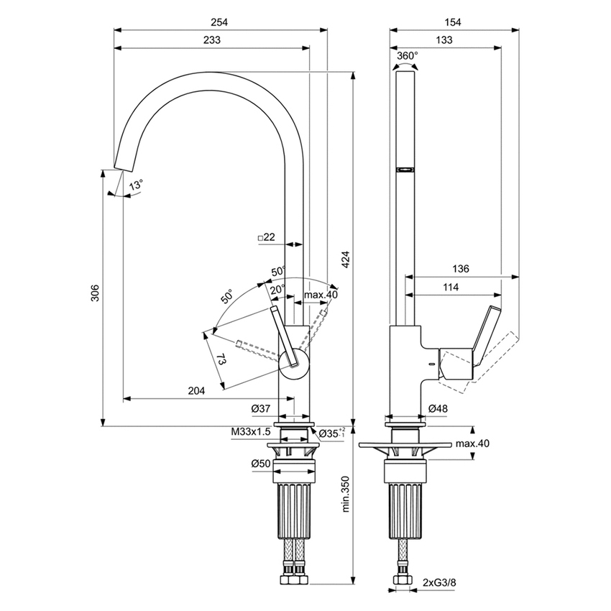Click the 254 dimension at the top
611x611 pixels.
219,22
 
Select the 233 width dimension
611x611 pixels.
211,41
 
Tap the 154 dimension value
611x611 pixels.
453,22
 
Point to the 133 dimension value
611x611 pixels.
444,41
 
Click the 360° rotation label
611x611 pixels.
407,55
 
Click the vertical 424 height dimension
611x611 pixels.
345,259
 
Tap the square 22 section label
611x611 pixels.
267,236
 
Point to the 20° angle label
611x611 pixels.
277,289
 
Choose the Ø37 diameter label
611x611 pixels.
261,408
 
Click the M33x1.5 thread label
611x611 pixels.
250,431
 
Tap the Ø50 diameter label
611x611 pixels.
260,464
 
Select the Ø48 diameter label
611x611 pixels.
438,408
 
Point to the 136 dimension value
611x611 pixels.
461,269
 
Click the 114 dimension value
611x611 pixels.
452,288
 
